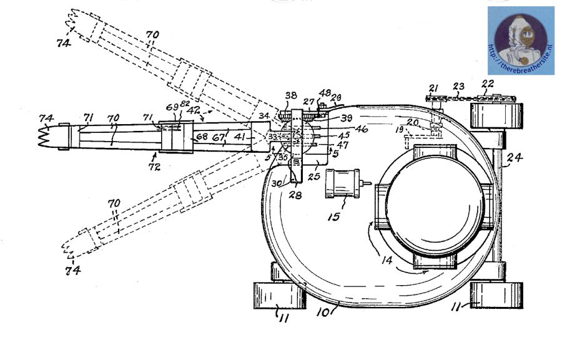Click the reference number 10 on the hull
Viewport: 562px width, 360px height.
323,310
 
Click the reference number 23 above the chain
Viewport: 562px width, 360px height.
460,87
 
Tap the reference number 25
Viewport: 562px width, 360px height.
314,177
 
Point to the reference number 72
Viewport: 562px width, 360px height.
153,168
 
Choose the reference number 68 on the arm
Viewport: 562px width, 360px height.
201,137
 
